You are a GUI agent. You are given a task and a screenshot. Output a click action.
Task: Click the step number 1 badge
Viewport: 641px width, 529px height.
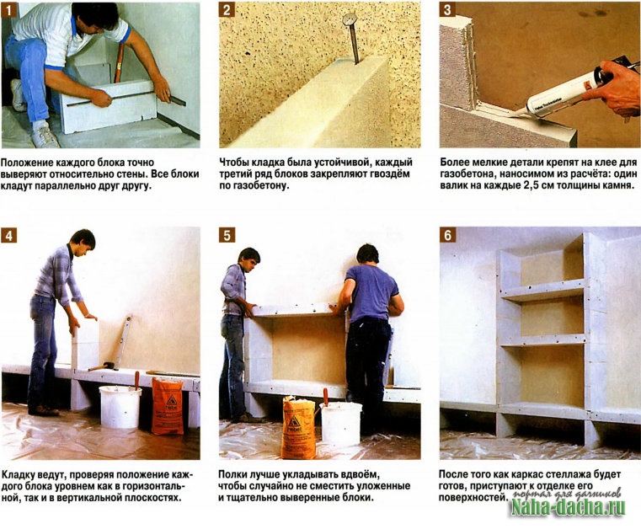click(8, 9)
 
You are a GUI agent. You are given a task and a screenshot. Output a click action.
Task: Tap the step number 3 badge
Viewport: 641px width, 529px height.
click(447, 9)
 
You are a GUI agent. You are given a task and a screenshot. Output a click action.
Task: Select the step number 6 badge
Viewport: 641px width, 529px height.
click(447, 235)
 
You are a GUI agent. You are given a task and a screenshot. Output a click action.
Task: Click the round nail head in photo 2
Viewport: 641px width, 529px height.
click(350, 19)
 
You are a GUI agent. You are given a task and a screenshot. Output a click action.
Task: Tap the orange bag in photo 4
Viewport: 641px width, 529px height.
click(167, 406)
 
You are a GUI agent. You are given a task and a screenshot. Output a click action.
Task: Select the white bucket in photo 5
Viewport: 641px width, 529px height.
click(340, 423)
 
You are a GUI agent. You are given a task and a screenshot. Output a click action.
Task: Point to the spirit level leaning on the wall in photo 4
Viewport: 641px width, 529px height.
click(123, 341)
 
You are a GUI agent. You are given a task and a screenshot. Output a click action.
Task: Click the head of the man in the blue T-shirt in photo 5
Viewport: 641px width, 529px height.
click(367, 254)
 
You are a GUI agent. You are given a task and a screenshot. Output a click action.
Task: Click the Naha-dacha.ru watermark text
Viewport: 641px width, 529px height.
click(569, 507)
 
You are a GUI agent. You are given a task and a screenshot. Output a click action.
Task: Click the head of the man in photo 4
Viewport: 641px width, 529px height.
click(83, 240)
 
